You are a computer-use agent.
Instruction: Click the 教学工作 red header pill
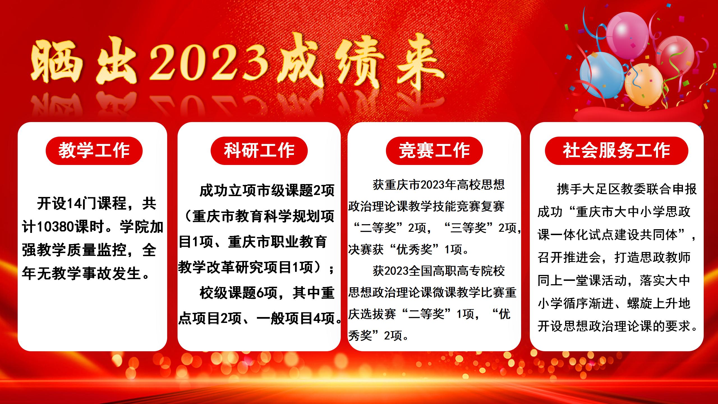tap(94, 151)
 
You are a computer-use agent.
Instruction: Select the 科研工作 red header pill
tap(259, 151)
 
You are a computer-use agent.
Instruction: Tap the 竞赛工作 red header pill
tap(434, 151)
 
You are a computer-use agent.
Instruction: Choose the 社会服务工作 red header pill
tap(616, 151)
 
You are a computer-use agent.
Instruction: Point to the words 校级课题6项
tap(238, 293)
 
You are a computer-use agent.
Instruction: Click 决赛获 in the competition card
tap(366, 249)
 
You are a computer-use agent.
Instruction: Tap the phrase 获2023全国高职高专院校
tap(439, 271)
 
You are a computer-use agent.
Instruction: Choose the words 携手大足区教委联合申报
tap(627, 189)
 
